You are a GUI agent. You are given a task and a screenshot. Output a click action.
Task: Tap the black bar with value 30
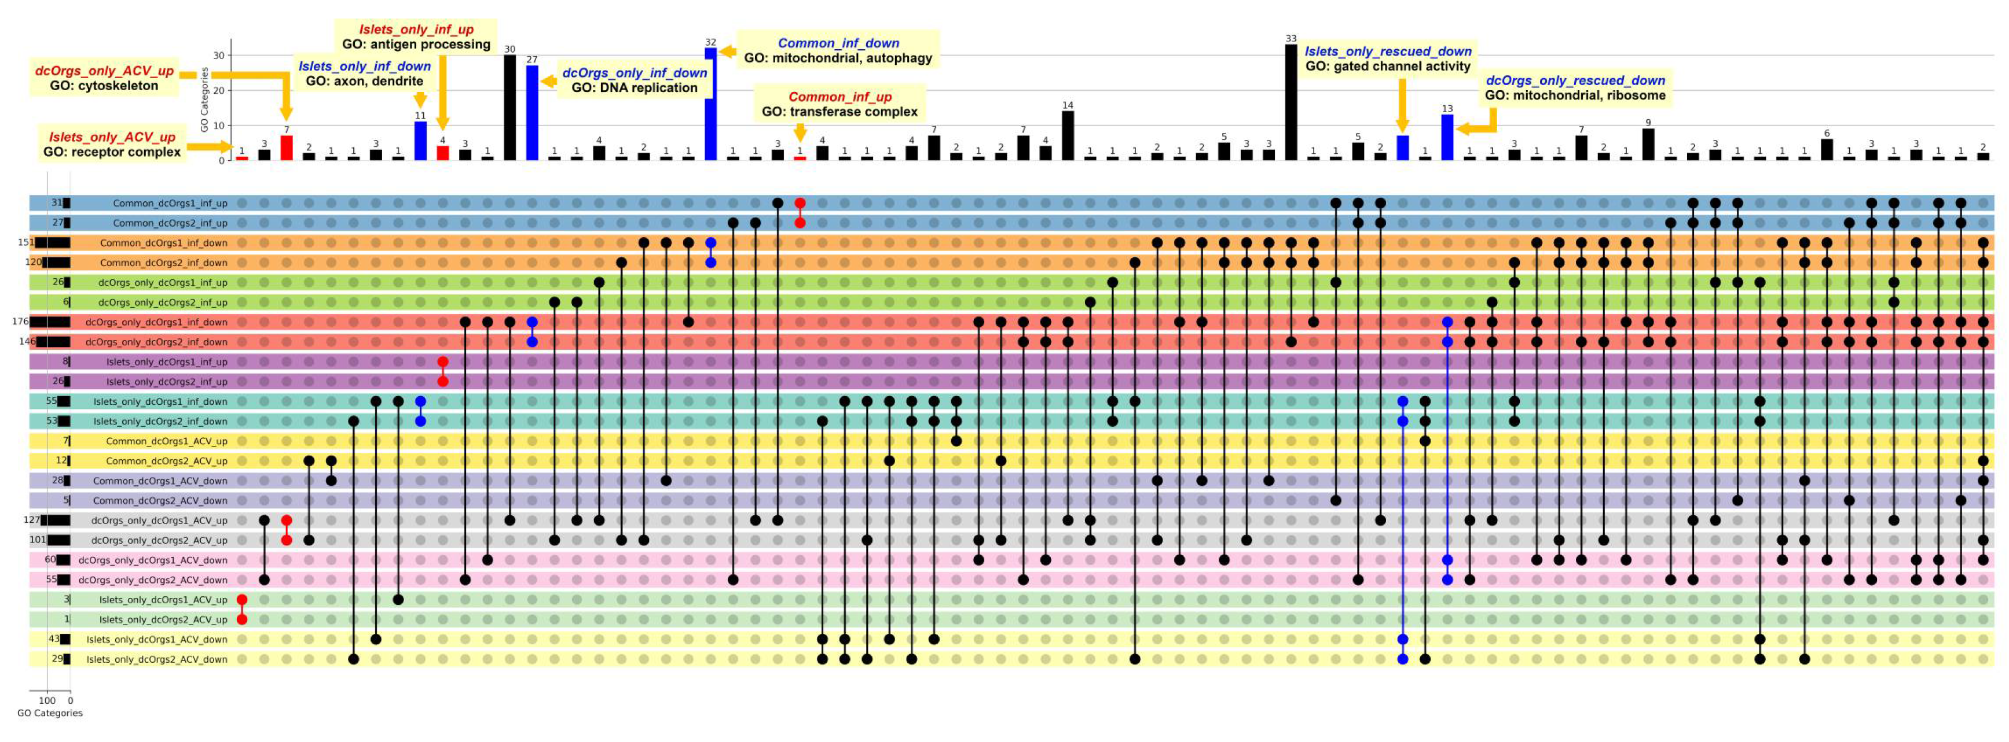coord(509,108)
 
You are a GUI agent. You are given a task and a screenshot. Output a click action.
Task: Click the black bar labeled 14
coord(1068,135)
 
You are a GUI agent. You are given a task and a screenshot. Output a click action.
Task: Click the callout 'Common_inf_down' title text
coord(838,43)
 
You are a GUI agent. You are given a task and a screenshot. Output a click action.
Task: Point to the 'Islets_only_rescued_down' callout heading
coord(1388,51)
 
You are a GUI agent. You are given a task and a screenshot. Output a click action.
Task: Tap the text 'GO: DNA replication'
coord(634,88)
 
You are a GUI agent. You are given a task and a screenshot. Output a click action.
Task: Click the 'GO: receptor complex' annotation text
coord(112,152)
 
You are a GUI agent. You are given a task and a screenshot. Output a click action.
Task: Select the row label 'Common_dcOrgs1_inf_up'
coord(170,204)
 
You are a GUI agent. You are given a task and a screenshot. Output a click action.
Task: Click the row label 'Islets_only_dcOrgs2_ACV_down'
coord(157,659)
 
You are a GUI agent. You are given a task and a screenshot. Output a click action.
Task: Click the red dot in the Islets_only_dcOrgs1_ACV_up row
coord(242,599)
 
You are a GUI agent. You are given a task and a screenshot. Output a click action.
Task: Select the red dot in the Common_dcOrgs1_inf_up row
coord(800,204)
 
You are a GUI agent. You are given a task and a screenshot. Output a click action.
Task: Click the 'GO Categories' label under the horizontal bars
coord(49,713)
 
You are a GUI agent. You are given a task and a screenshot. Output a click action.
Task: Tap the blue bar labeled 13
coord(1447,137)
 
